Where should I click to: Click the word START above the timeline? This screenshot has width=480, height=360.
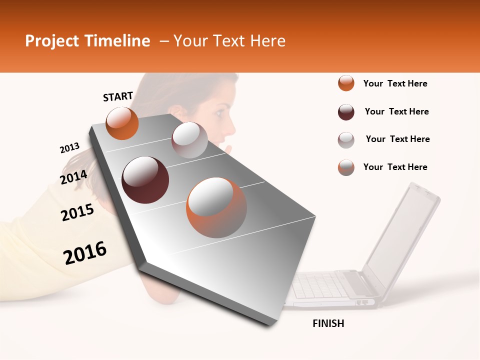pyautogui.click(x=118, y=96)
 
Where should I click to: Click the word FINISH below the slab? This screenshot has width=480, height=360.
pyautogui.click(x=328, y=323)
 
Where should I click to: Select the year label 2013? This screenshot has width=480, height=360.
pyautogui.click(x=69, y=148)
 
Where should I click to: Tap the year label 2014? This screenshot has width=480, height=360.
pyautogui.click(x=73, y=177)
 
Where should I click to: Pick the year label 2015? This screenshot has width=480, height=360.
pyautogui.click(x=77, y=213)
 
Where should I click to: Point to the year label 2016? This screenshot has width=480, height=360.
pyautogui.click(x=85, y=253)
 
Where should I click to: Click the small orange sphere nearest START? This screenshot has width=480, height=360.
pyautogui.click(x=122, y=123)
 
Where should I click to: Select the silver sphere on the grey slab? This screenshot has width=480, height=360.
pyautogui.click(x=189, y=140)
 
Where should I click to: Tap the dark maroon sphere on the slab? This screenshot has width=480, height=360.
pyautogui.click(x=145, y=180)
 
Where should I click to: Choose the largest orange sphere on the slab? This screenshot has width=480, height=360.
pyautogui.click(x=216, y=207)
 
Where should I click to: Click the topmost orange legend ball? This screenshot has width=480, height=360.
pyautogui.click(x=346, y=83)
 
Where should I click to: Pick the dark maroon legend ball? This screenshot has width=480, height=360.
pyautogui.click(x=346, y=112)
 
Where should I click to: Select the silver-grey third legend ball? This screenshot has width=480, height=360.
pyautogui.click(x=346, y=140)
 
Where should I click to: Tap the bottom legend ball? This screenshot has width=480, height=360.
pyautogui.click(x=346, y=167)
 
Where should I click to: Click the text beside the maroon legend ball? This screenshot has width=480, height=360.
pyautogui.click(x=396, y=111)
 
